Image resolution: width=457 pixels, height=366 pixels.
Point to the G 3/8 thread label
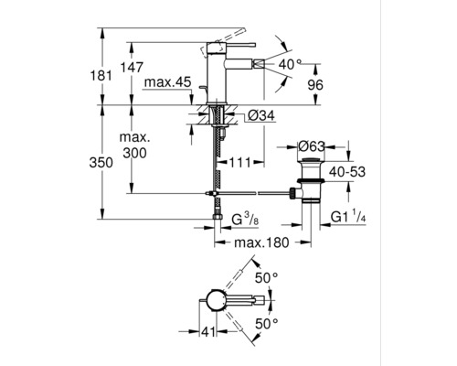[x=246, y=221]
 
